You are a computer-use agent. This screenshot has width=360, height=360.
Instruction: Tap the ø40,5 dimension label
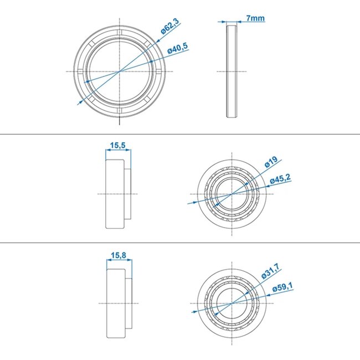[178, 49]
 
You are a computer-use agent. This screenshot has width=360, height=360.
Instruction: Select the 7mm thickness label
[256, 18]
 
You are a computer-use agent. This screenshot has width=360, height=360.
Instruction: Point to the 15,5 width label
[117, 146]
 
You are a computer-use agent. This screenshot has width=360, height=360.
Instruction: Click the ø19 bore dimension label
[270, 162]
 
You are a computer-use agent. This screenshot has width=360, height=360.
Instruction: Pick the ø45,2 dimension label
[280, 179]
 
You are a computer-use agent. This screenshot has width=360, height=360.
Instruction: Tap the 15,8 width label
[117, 255]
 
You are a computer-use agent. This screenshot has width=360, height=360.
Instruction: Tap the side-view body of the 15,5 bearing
[115, 194]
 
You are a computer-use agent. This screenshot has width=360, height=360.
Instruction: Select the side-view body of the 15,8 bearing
[115, 304]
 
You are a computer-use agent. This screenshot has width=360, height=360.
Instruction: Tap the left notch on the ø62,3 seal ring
[82, 72]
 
